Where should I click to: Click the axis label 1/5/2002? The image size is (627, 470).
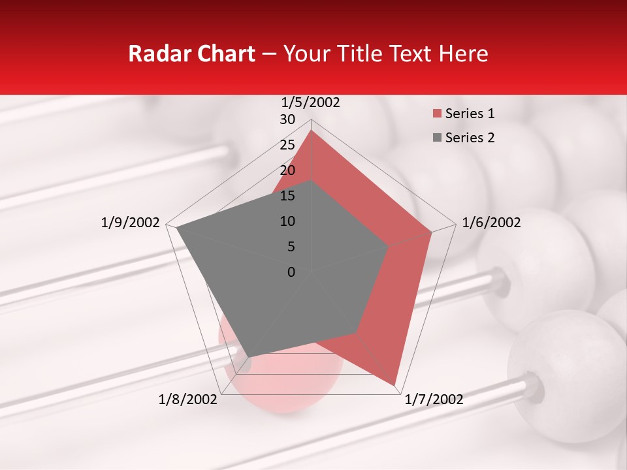(x=311, y=102)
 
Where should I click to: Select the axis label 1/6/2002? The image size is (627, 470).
(x=491, y=223)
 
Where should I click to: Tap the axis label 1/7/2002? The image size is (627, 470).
(x=434, y=399)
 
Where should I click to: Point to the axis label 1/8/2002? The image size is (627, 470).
(x=188, y=399)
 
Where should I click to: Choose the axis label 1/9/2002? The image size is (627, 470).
(x=130, y=223)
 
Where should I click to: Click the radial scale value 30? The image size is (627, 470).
(x=287, y=119)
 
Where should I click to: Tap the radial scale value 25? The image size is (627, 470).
(x=287, y=145)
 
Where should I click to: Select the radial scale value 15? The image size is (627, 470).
(x=287, y=196)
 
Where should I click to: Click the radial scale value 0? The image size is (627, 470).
(x=291, y=272)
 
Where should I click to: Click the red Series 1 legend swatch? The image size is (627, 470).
(x=436, y=114)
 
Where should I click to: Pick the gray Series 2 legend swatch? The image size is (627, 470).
(x=436, y=138)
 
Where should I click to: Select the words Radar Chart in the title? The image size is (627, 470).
(x=191, y=54)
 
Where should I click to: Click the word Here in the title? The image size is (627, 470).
(x=462, y=54)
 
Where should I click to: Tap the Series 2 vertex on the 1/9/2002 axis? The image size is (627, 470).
(x=176, y=228)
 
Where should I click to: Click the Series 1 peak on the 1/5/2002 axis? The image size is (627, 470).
(x=311, y=130)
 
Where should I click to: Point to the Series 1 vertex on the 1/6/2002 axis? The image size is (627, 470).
(x=432, y=232)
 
